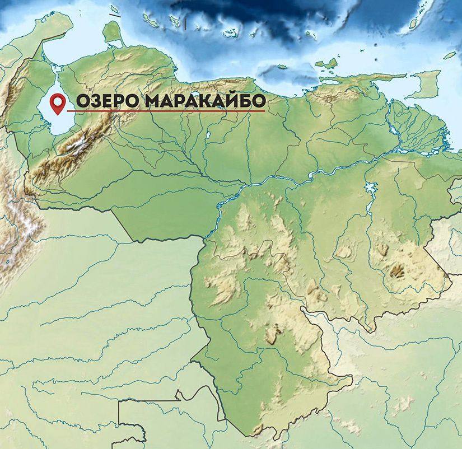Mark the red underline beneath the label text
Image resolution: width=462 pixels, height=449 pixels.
coord(168,111)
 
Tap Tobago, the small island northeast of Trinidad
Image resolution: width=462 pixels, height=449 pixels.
coord(450,55)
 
